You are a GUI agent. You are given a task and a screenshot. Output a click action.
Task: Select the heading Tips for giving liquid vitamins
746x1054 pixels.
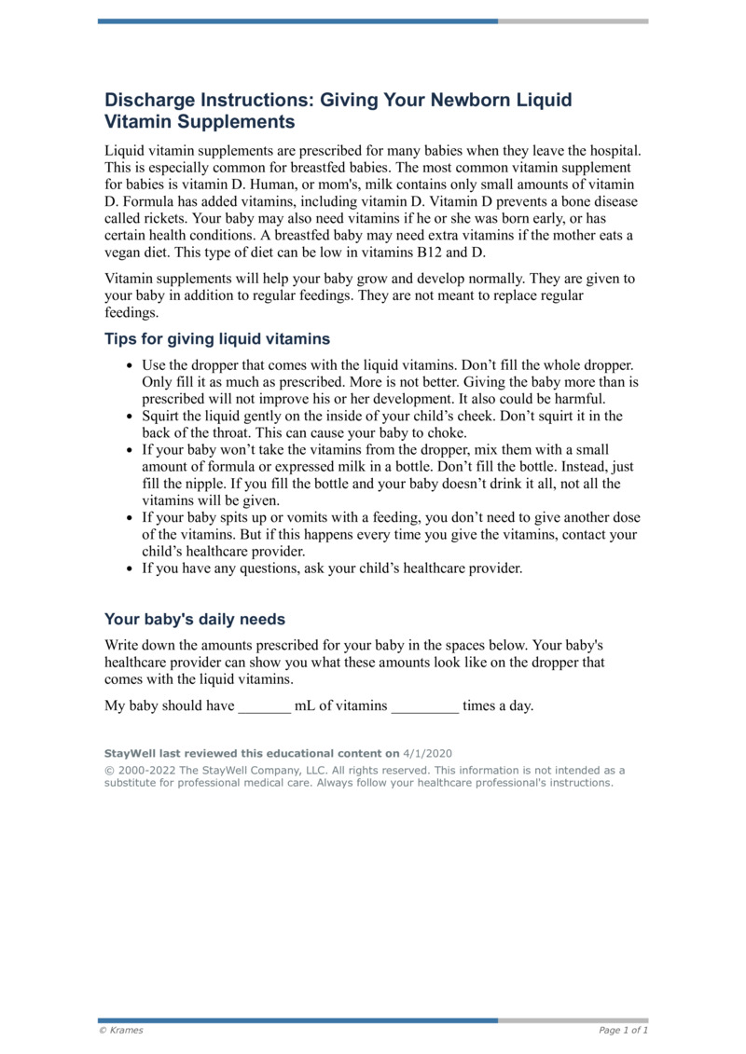click(x=216, y=338)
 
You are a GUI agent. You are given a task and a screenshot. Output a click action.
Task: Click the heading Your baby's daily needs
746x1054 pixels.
click(x=195, y=619)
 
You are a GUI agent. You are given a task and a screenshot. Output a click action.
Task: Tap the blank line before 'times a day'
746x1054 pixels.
click(x=424, y=706)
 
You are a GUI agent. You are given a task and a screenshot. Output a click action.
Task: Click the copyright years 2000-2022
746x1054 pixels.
click(x=144, y=771)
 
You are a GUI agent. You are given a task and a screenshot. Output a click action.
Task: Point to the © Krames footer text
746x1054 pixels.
click(x=121, y=1031)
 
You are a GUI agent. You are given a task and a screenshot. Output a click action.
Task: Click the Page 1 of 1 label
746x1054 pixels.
click(x=623, y=1031)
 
